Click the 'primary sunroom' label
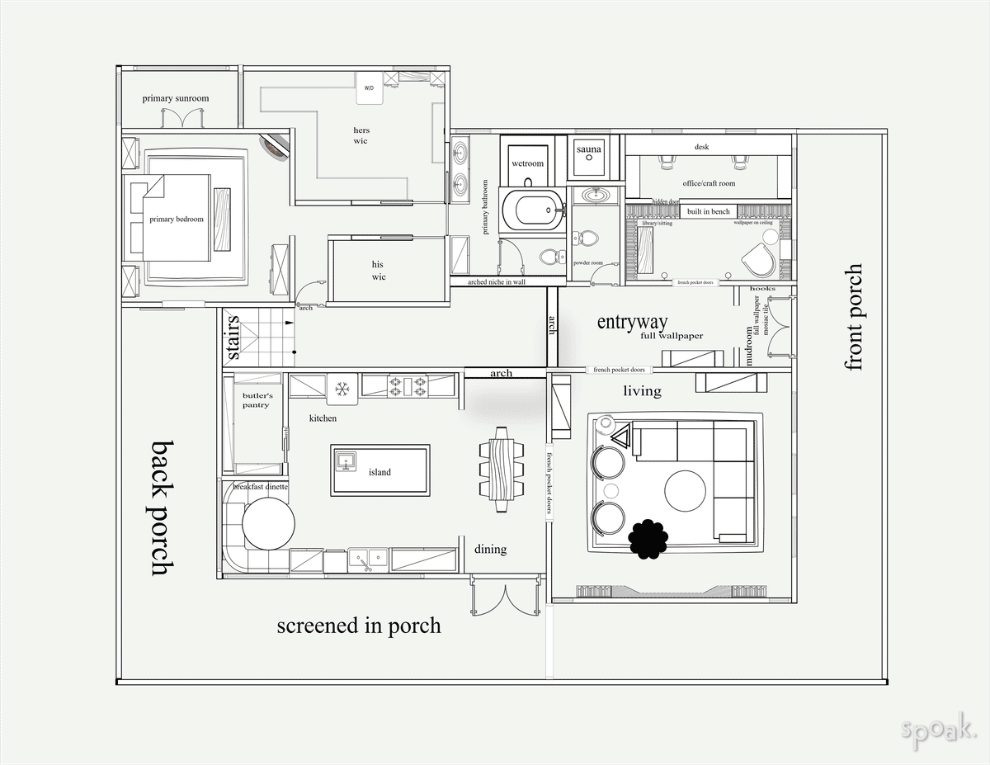[x=175, y=98]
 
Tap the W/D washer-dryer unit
[x=369, y=88]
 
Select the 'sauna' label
[x=589, y=149]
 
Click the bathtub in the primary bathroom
[x=537, y=210]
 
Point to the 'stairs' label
[x=233, y=337]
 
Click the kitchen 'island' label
[x=379, y=472]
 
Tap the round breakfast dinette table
[x=268, y=524]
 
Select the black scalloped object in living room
[x=648, y=539]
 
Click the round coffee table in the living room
[x=686, y=491]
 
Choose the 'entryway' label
[x=632, y=322]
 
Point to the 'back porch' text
[x=163, y=507]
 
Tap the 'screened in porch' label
[x=358, y=626]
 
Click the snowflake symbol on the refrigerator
[x=341, y=385]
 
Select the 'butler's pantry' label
[x=256, y=400]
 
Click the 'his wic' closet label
[x=378, y=271]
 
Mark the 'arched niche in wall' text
[x=496, y=282]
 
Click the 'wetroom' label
[x=527, y=163]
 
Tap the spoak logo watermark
[x=939, y=730]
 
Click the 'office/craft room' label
[x=708, y=183]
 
